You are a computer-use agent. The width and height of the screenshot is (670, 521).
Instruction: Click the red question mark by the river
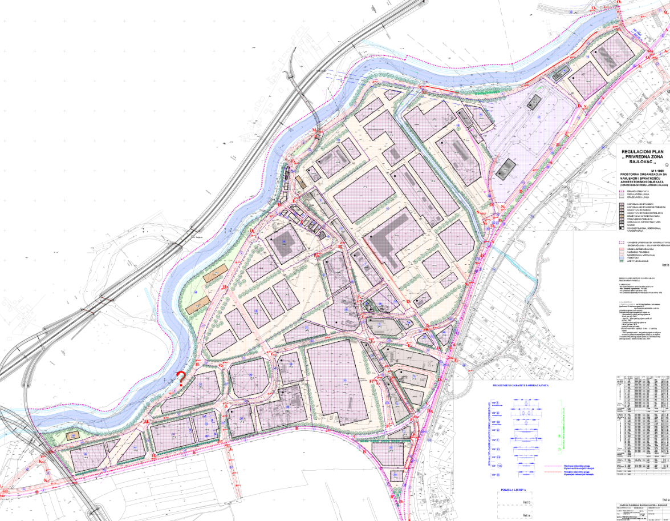click(x=181, y=378)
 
